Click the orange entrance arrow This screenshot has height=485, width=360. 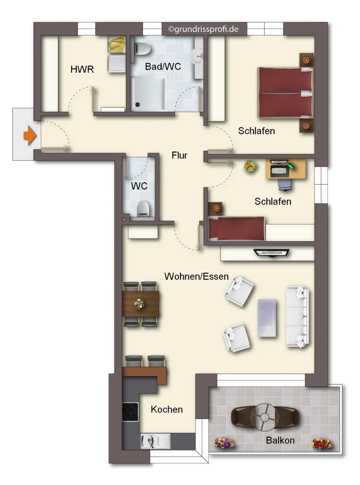click(30, 135)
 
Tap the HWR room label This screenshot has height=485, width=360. click(82, 69)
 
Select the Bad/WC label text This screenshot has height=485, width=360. click(163, 66)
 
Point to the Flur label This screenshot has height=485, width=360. click(180, 155)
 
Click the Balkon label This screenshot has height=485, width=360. click(280, 440)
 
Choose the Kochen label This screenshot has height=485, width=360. click(167, 409)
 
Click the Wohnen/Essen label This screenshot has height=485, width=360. click(197, 276)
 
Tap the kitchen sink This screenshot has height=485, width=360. click(155, 441)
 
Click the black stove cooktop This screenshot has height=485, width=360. click(130, 412)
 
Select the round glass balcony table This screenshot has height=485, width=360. click(264, 418)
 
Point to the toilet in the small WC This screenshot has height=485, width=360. click(143, 208)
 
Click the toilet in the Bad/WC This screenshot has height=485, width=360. click(143, 49)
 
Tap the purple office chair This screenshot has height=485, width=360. click(285, 184)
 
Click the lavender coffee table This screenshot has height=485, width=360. click(267, 318)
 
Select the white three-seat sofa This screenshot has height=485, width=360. click(297, 317)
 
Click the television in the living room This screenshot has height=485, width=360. click(271, 253)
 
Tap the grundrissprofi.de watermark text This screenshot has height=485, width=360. click(203, 29)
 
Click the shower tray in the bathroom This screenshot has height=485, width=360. click(148, 93)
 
